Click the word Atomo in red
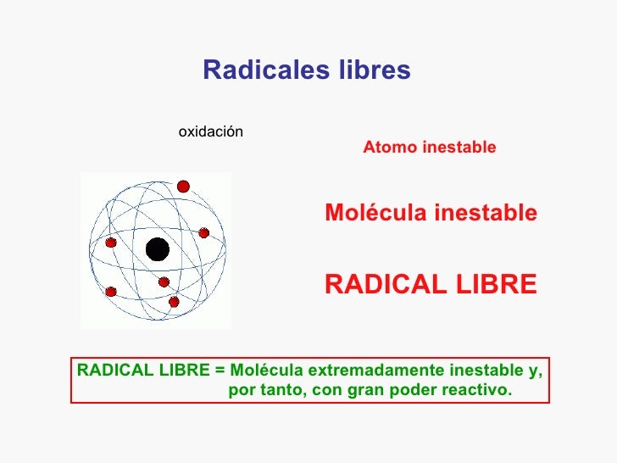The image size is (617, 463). pyautogui.click(x=386, y=148)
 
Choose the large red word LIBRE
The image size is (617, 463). pyautogui.click(x=500, y=285)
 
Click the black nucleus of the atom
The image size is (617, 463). pyautogui.click(x=157, y=249)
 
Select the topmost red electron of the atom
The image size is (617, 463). pyautogui.click(x=183, y=187)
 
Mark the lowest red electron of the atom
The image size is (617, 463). pyautogui.click(x=174, y=302)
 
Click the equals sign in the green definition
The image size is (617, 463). pyautogui.click(x=220, y=371)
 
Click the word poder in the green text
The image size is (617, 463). pyautogui.click(x=415, y=391)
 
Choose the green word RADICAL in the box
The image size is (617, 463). pyautogui.click(x=110, y=371)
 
